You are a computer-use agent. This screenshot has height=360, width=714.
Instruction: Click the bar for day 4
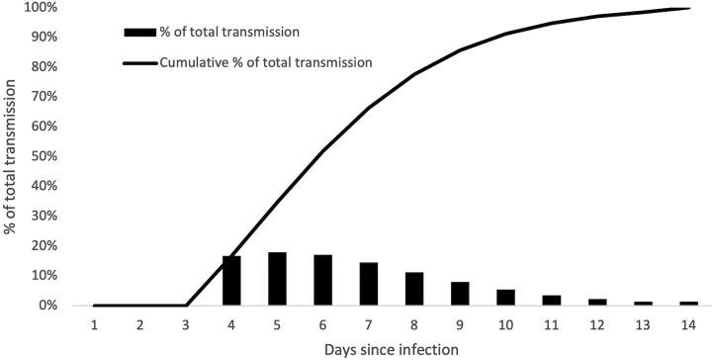click(x=231, y=281)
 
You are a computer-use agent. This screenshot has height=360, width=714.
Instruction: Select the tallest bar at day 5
click(x=278, y=279)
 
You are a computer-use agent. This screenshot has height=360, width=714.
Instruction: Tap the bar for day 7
click(x=369, y=284)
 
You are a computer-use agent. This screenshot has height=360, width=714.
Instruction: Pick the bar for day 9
click(x=460, y=294)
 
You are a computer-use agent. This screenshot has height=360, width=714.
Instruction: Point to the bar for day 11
click(x=552, y=301)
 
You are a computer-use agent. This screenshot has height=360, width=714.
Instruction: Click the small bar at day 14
click(x=689, y=304)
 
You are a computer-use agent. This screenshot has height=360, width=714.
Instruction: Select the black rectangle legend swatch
click(x=138, y=32)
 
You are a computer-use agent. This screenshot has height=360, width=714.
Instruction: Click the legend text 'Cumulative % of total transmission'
click(x=265, y=62)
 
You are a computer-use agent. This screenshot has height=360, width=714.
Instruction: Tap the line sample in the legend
click(x=138, y=62)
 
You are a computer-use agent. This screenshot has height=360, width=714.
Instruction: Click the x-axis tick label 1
click(x=94, y=324)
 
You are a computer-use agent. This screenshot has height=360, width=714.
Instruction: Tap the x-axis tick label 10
click(x=505, y=324)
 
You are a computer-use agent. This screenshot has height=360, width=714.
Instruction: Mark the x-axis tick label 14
click(x=689, y=324)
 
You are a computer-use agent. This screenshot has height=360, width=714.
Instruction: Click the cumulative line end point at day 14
click(x=688, y=9)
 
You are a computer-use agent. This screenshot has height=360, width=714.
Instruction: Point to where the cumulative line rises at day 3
click(x=186, y=306)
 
